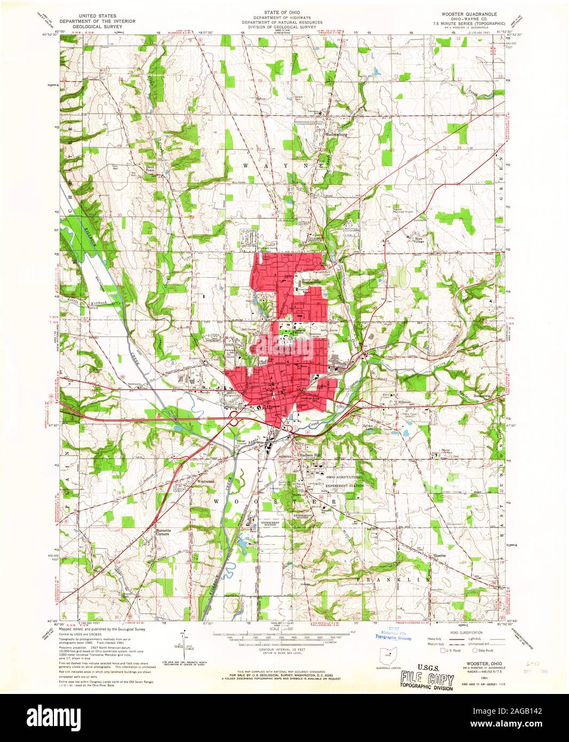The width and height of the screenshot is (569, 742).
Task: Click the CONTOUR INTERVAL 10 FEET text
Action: coord(283,649)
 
